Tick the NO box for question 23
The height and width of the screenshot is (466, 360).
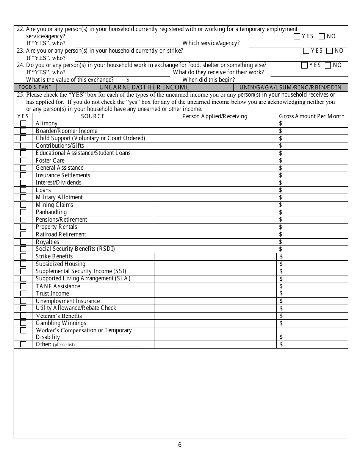(329, 51)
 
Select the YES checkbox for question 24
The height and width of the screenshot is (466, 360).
(304, 65)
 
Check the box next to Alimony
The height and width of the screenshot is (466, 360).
(23, 124)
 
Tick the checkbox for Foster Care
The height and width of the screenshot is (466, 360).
(23, 161)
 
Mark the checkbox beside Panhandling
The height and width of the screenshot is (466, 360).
(23, 212)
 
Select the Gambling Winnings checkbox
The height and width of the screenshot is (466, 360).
(23, 323)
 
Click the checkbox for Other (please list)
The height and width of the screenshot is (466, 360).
(23, 344)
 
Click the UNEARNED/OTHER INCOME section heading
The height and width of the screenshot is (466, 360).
(144, 88)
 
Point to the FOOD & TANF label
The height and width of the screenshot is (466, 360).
(35, 88)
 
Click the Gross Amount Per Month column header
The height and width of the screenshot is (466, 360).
(311, 116)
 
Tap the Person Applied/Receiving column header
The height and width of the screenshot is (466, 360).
(215, 116)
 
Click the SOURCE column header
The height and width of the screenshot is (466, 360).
(93, 116)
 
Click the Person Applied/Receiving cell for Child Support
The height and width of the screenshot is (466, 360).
(215, 138)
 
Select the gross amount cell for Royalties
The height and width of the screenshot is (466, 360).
(312, 242)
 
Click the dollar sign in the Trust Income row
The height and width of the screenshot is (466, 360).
(281, 294)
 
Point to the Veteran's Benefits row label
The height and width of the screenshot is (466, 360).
(59, 316)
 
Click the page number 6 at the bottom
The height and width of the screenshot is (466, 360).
(180, 445)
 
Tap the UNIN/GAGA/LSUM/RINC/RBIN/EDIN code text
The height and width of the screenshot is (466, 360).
(290, 88)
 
